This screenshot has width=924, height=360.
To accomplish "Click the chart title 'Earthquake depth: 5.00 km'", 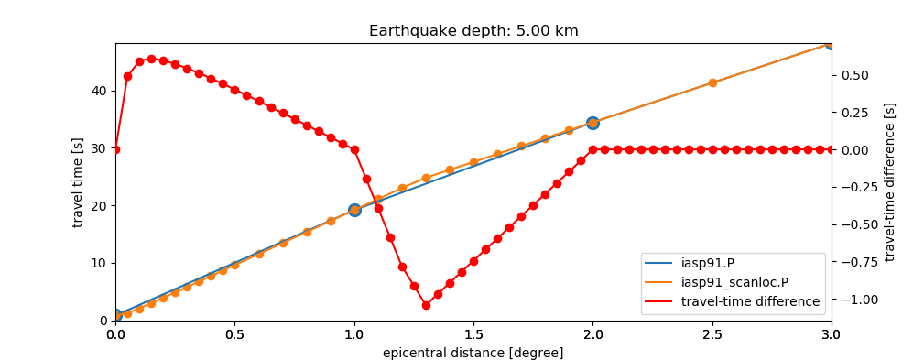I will (x=473, y=31).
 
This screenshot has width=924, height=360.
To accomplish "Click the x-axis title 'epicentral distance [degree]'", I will (x=473, y=353).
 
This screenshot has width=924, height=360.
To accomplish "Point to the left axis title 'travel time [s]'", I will (x=78, y=182).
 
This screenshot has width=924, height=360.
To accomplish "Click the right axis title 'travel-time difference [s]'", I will (x=889, y=182).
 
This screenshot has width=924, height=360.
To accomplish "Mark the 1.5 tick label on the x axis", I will (x=473, y=334).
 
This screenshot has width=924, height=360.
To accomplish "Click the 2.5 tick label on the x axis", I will (x=712, y=334).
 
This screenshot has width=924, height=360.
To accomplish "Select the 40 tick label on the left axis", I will (x=97, y=91).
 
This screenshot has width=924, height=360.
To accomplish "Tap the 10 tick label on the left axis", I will (x=97, y=263).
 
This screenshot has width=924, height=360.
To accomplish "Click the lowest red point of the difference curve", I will (x=426, y=305).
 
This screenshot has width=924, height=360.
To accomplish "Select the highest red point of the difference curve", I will (x=151, y=59).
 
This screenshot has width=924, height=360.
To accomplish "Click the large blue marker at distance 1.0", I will (x=354, y=210).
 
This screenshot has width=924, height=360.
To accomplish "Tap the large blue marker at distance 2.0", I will (x=592, y=123).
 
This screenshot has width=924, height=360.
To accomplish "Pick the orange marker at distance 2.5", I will (x=712, y=82).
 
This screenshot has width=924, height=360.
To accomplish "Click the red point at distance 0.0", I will (x=115, y=149).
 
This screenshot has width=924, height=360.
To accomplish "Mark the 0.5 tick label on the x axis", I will (x=234, y=334).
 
